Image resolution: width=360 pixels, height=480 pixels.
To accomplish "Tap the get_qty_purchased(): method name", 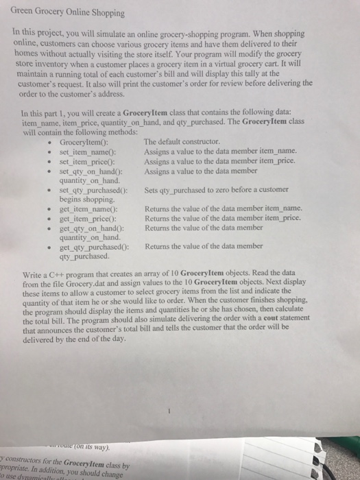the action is click(93, 245).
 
